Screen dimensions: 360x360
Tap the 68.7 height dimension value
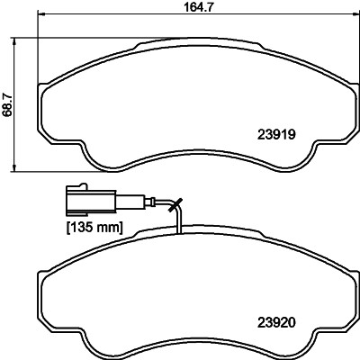pos(8,105)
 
